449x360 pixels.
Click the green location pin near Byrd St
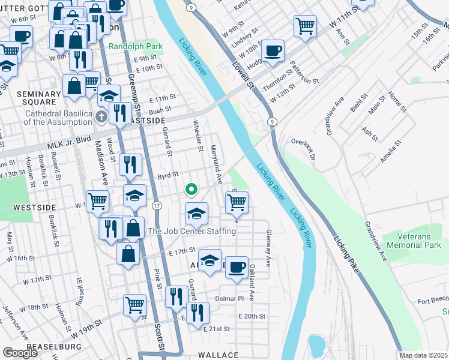(191, 190)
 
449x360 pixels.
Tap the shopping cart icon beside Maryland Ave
(237, 202)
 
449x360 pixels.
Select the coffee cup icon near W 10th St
(273, 51)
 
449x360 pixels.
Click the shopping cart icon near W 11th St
(305, 26)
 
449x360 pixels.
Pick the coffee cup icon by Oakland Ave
(237, 266)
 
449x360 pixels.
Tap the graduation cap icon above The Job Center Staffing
(196, 213)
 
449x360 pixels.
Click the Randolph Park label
(135, 46)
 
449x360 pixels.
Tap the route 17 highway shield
(156, 206)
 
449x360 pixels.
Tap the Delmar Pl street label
(231, 298)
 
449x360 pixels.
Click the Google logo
(20, 352)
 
